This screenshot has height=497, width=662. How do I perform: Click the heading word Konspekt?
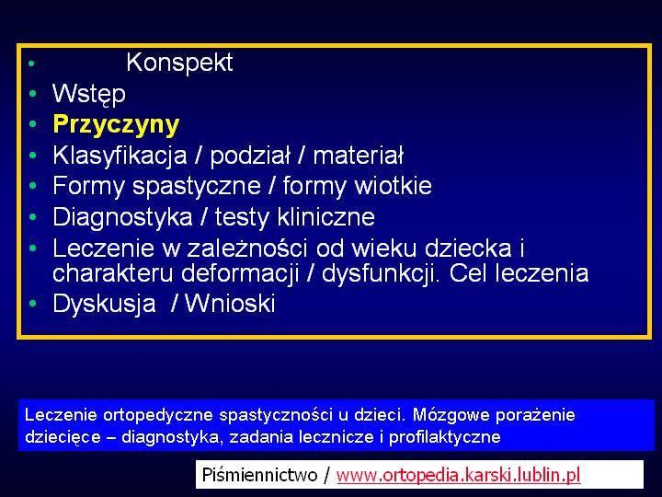179,64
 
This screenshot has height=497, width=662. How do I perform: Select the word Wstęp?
88,94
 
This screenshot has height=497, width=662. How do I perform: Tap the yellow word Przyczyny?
116,125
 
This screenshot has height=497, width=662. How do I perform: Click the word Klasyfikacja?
120,156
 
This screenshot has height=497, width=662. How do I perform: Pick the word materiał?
358,156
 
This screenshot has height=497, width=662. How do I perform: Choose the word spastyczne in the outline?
197,187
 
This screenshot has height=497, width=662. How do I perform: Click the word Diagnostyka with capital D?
122,217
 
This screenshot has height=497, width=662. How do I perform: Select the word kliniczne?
325,217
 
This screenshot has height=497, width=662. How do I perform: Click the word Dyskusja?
104,304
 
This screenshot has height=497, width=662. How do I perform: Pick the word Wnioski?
230,304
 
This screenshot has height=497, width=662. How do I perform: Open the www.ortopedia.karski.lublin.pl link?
459,475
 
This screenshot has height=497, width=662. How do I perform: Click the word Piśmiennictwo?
259,475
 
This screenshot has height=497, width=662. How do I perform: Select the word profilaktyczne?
445,437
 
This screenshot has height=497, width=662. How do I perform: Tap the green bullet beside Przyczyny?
33,124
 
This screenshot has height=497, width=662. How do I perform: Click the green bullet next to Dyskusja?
33,303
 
